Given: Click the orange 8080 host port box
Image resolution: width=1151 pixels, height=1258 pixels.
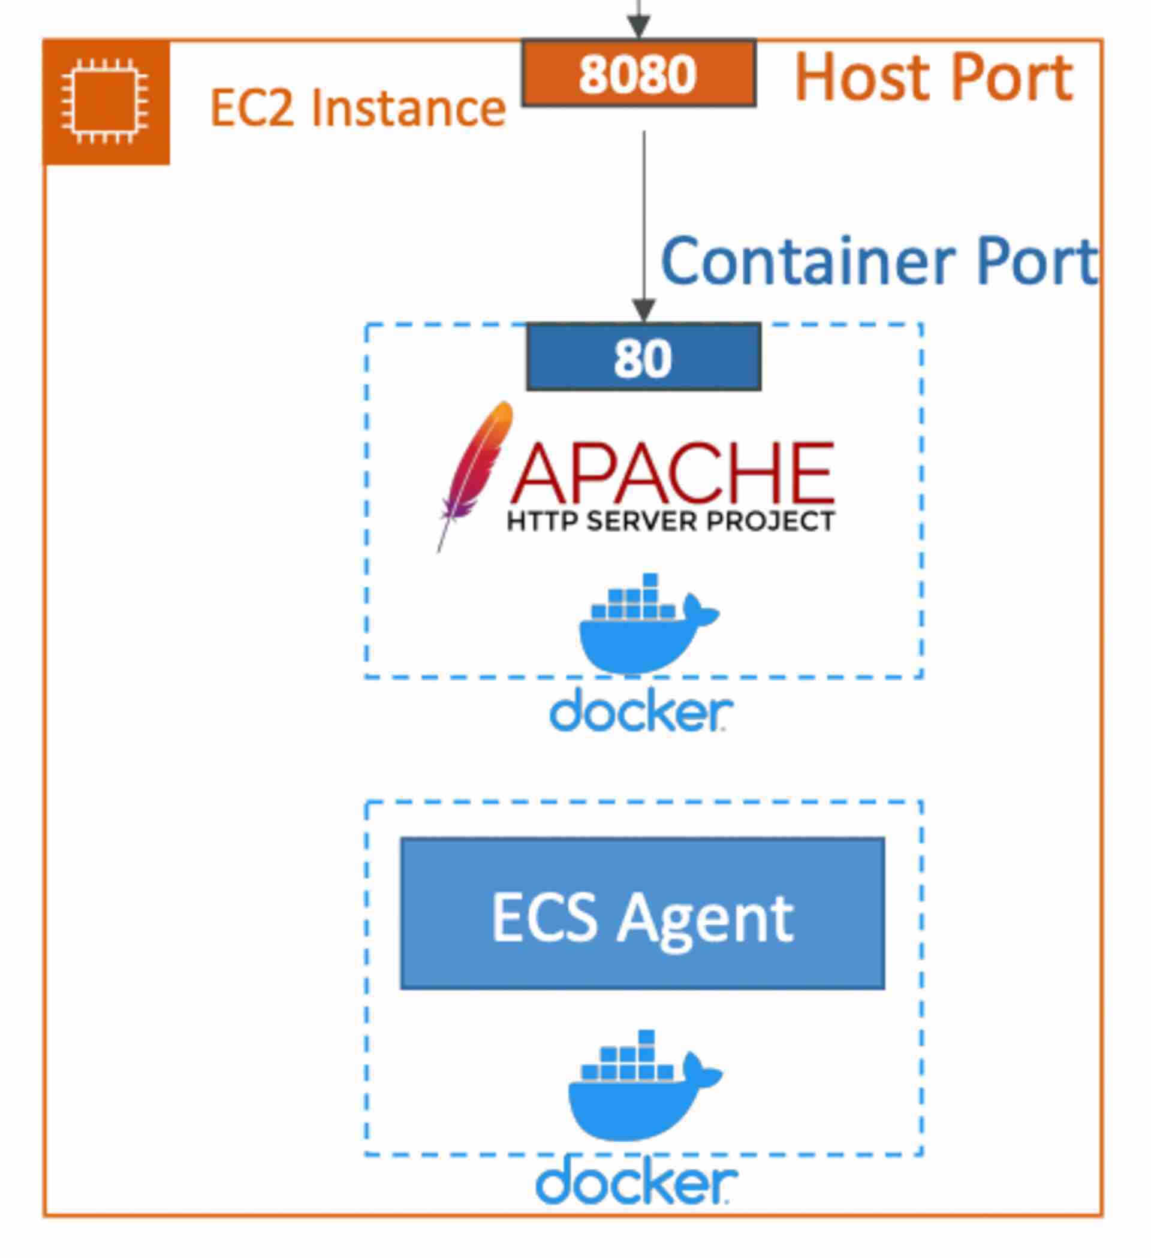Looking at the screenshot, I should pos(638,74).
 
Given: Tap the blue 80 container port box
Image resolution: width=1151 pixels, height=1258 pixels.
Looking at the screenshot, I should pos(643,358).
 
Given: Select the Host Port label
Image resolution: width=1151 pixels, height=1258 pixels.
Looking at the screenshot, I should pos(933,77).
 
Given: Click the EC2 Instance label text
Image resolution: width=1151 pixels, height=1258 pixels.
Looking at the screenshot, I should pos(358,108).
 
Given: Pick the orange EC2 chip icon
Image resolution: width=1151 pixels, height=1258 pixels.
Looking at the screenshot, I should pos(106,102).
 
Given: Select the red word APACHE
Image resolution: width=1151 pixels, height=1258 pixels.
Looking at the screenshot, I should pos(672,473).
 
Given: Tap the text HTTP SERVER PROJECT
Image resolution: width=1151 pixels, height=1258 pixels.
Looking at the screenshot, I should pos(670,521).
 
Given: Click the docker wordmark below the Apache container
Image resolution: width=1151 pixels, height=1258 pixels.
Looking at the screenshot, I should pos(641,711).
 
